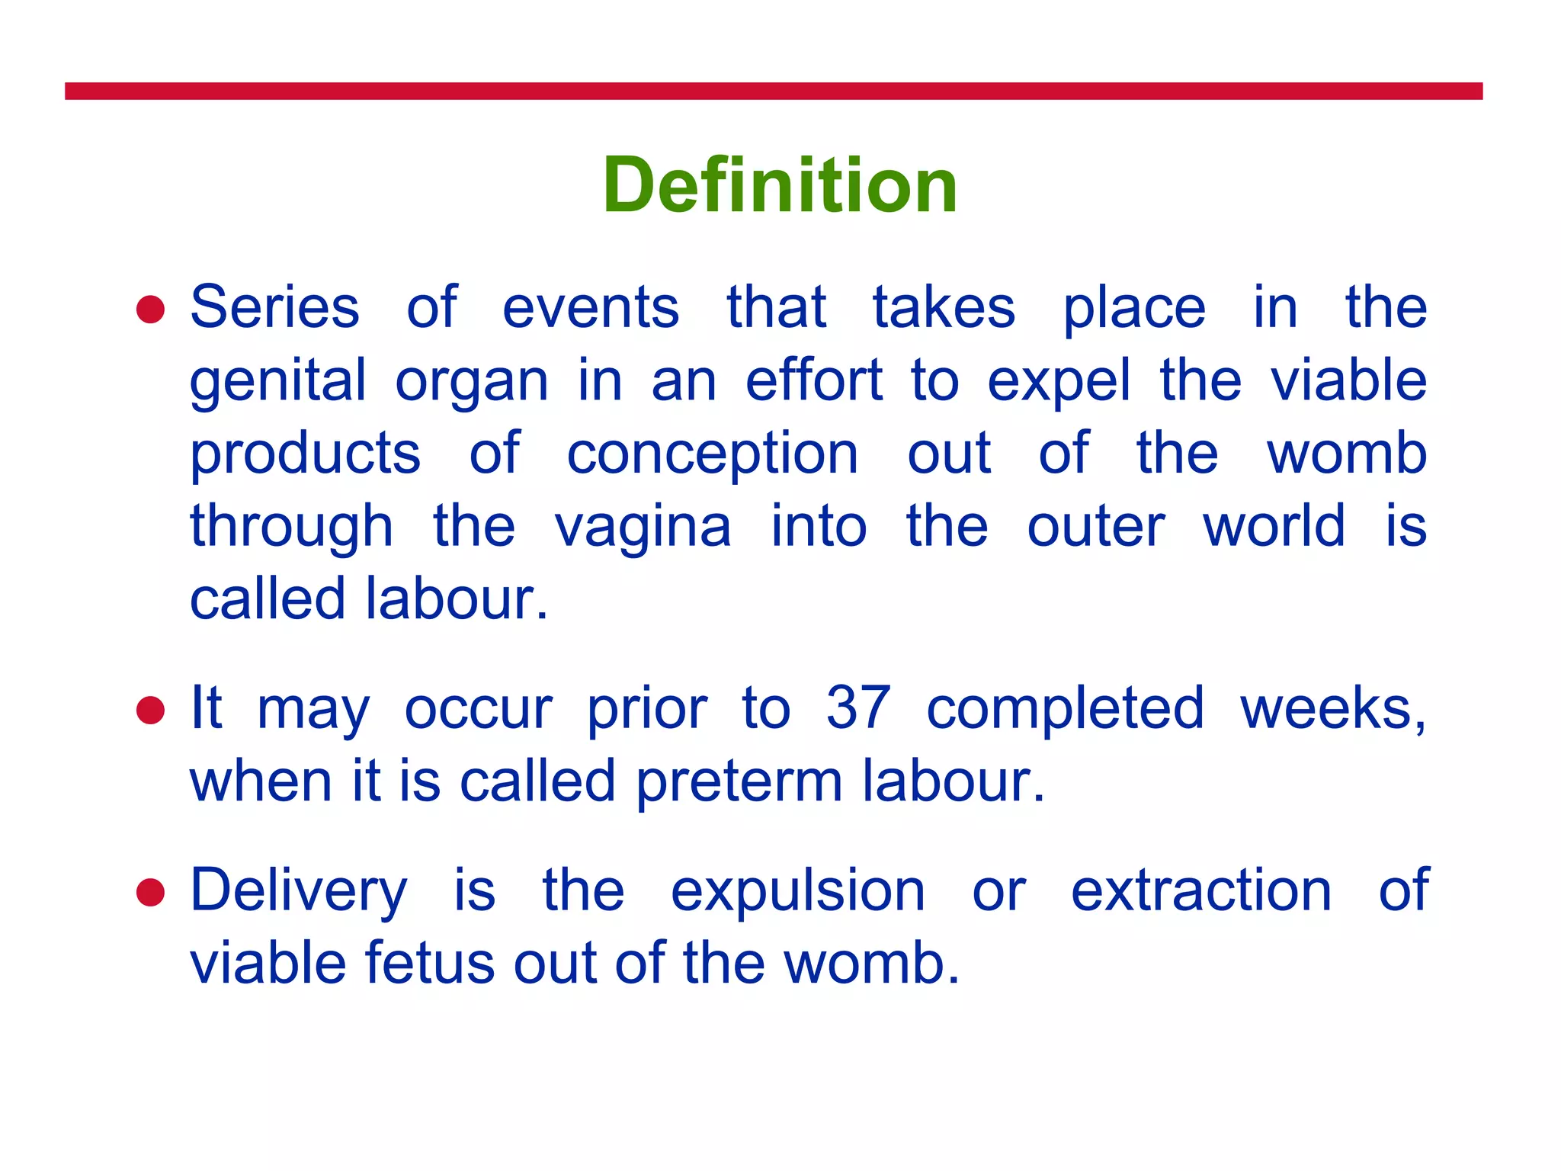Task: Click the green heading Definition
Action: point(780,185)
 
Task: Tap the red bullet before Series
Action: point(150,310)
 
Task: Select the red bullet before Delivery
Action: point(150,892)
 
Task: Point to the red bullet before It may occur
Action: point(150,711)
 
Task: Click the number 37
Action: point(857,708)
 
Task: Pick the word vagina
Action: point(643,528)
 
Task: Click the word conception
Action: point(712,454)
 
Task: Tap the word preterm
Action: point(739,781)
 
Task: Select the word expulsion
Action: point(797,890)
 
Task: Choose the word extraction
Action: point(1200,890)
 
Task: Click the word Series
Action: point(274,307)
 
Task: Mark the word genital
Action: point(277,381)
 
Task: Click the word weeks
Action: point(1332,708)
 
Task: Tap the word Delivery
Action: point(298,892)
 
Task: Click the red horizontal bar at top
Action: point(773,91)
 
